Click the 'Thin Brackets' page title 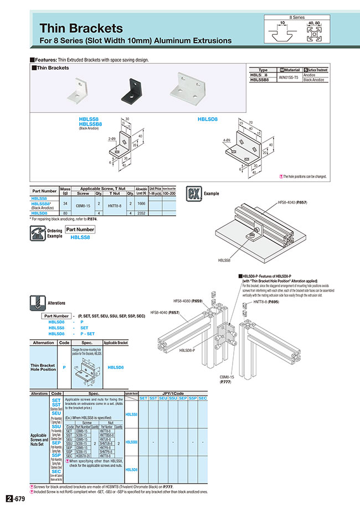tap(81, 28)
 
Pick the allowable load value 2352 tap(141, 212)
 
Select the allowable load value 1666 tap(141, 204)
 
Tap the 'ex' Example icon tap(193, 195)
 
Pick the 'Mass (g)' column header tap(64, 191)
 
